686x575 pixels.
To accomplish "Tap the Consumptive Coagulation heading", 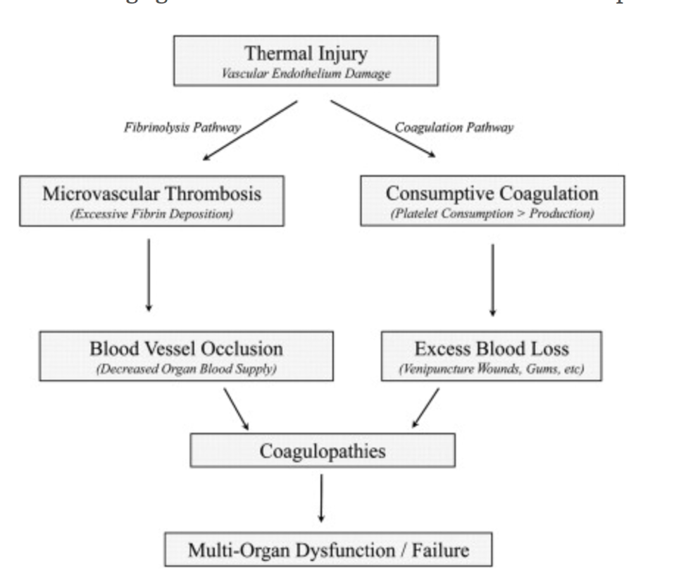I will point(492,192).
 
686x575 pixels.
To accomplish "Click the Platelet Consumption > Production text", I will point(492,214).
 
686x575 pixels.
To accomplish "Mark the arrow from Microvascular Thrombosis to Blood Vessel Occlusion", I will point(147,275).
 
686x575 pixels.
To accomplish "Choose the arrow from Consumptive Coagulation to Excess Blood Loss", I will point(492,280).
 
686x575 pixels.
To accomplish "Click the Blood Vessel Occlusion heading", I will point(187,349).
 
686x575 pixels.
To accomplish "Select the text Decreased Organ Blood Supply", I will point(187,369).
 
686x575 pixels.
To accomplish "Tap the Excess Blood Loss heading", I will point(492,349).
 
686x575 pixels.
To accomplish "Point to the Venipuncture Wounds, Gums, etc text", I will point(492,369).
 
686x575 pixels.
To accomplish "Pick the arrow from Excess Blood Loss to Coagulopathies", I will point(425,409).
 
